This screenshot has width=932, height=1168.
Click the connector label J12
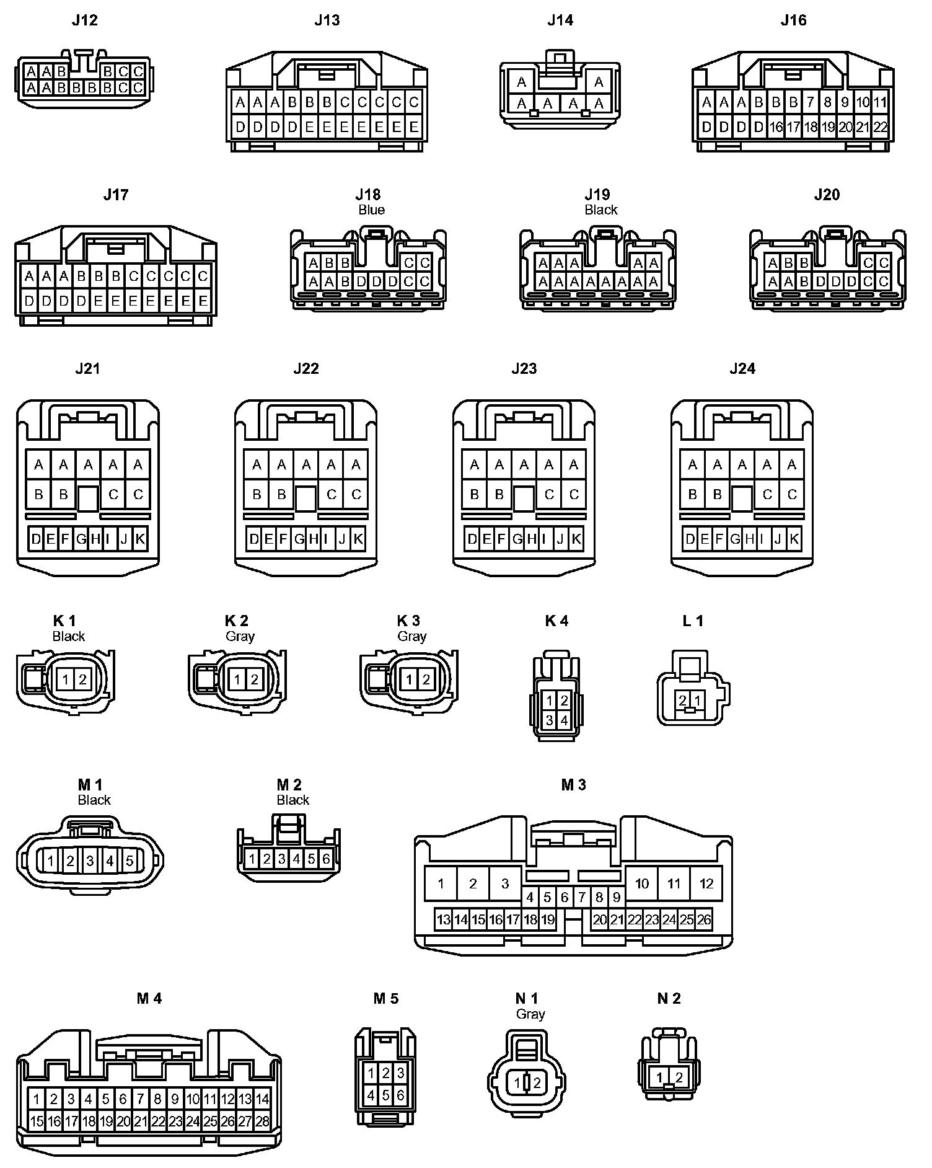84,20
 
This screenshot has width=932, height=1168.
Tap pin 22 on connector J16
880,128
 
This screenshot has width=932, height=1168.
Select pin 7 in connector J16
811,102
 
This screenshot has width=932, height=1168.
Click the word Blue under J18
371,210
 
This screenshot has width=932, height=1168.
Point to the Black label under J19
600,210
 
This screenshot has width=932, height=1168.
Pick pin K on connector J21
140,539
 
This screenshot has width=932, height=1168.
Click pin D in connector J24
690,539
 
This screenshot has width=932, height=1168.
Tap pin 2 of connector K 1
82,679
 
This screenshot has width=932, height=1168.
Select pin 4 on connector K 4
564,720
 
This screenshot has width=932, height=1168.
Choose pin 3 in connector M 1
90,861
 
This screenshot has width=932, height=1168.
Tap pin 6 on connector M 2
326,859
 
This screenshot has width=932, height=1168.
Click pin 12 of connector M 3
706,884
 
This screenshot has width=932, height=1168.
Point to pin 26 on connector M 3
704,920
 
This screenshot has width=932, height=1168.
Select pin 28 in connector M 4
263,1121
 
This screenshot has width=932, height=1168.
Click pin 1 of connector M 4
37,1100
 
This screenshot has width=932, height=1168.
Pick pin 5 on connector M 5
385,1095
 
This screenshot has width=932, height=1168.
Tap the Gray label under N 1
530,1014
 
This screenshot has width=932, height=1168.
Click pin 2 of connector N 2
679,1077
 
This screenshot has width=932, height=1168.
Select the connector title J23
524,369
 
